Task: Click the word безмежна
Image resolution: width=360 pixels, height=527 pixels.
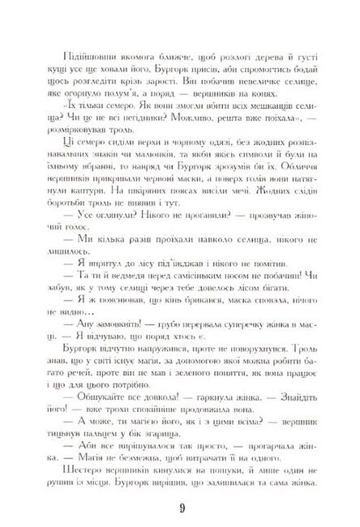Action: (133, 455)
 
